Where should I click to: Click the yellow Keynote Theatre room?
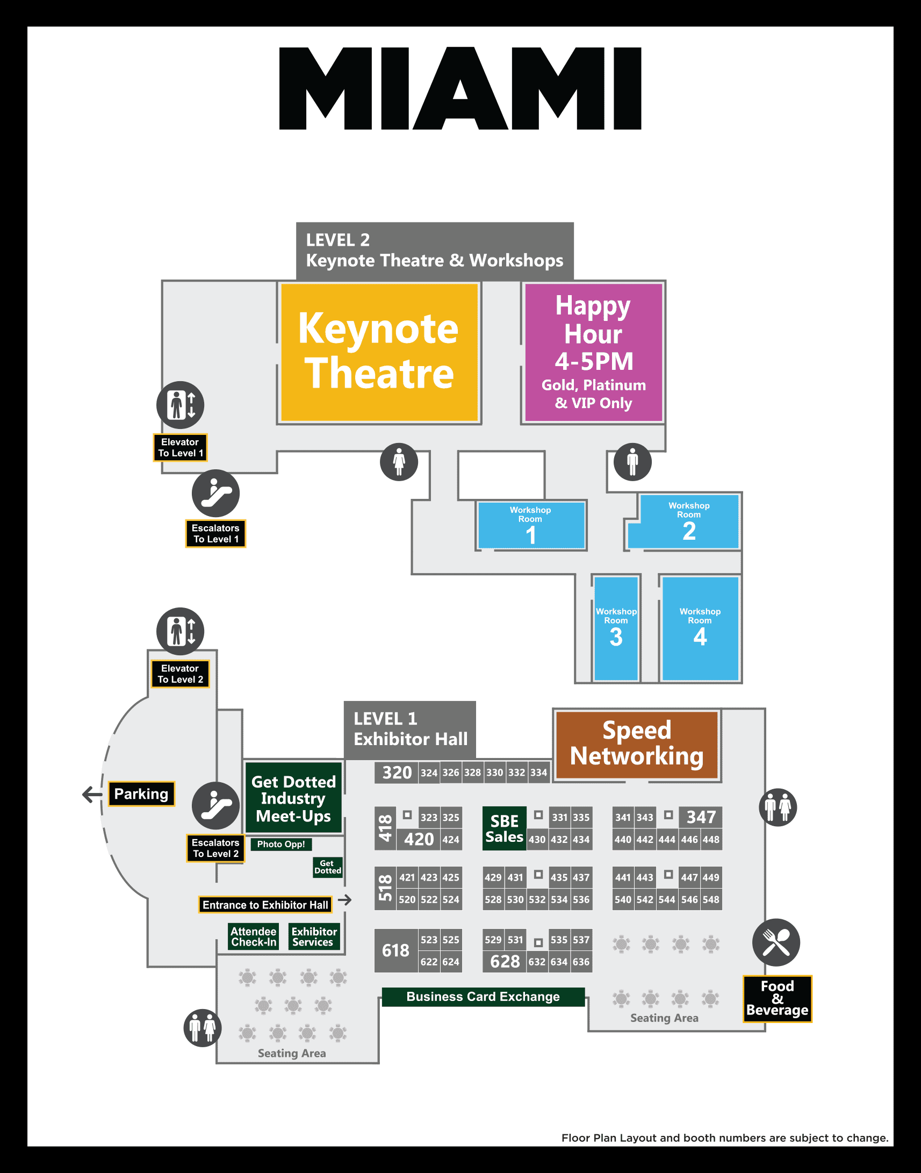pos(379,352)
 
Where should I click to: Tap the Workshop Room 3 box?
pos(616,628)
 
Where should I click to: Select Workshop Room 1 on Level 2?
pos(531,525)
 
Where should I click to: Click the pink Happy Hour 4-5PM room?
pos(594,352)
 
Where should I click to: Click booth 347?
pos(701,817)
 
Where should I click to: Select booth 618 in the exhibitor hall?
pos(396,950)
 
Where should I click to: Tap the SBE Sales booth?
pos(504,829)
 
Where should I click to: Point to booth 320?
pos(397,773)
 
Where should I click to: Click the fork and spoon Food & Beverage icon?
pos(776,942)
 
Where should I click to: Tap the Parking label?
pos(141,793)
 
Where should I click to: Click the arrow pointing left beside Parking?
pos(92,794)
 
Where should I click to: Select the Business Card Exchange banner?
pos(483,997)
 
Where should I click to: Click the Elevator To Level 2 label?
pos(180,674)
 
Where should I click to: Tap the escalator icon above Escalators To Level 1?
pos(215,493)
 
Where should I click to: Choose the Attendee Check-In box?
pos(254,936)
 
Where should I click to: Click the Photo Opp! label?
pos(281,844)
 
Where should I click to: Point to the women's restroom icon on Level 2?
pos(399,462)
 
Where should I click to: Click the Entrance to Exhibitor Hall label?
pos(265,905)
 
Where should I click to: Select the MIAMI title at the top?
pos(460,89)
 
